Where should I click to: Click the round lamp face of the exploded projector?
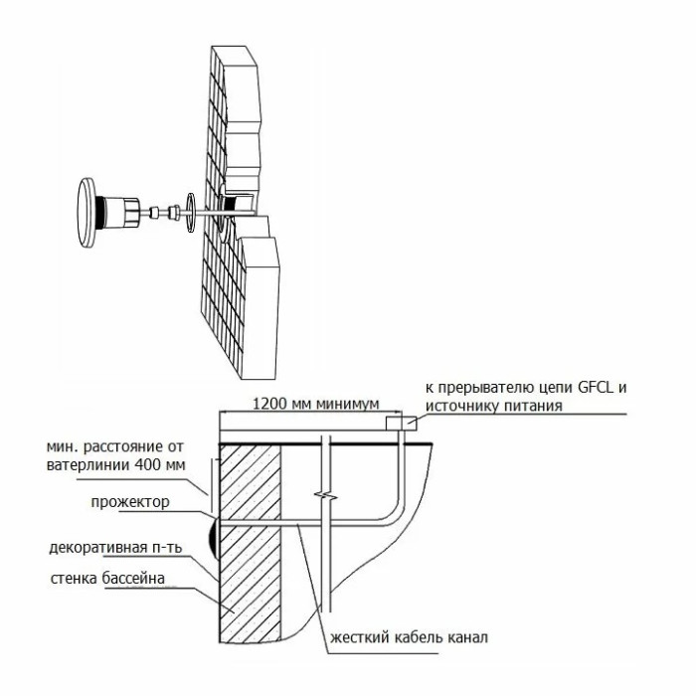coord(87,212)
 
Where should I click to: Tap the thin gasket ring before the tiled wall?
coord(191,213)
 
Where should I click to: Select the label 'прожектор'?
coord(130,502)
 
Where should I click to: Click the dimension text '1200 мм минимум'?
coord(315,404)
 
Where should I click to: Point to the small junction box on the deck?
coord(401,423)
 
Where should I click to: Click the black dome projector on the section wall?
coord(214,538)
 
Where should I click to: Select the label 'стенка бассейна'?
coord(107,579)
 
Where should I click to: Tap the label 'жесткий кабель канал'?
coord(409,638)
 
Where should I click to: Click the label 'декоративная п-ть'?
coord(115,548)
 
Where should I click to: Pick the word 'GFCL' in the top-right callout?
coord(596,388)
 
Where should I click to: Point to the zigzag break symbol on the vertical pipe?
coord(325,495)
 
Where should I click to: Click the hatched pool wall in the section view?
coord(251,543)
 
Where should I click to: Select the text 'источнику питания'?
coord(493,406)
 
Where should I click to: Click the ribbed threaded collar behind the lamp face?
coord(101,212)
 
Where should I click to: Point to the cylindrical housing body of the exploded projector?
coord(123,212)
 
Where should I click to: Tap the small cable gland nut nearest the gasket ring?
coord(174,213)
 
